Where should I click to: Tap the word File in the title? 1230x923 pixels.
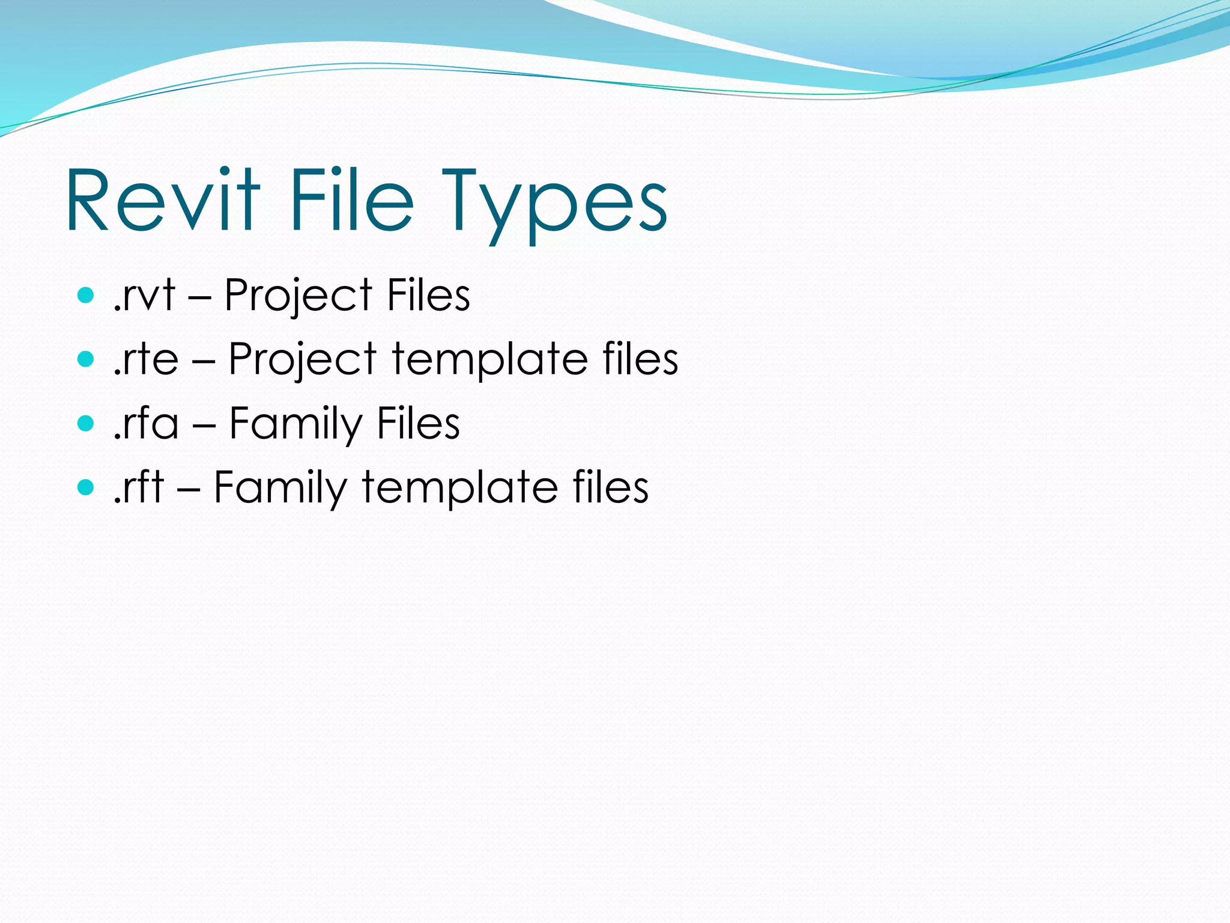click(352, 200)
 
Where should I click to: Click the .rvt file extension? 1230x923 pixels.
click(144, 295)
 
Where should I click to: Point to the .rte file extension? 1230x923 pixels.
click(146, 359)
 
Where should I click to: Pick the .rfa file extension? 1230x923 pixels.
click(146, 423)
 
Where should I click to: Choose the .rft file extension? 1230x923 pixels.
click(139, 487)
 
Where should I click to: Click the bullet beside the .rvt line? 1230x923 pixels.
click(86, 295)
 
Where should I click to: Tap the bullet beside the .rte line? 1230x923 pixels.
click(86, 359)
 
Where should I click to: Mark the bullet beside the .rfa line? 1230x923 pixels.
click(86, 423)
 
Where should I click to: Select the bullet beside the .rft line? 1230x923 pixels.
click(86, 487)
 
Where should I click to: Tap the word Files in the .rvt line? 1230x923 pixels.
click(428, 295)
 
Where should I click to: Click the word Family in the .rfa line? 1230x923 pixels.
click(295, 424)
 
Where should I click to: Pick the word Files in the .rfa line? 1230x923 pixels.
click(418, 423)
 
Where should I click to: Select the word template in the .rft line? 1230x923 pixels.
click(459, 488)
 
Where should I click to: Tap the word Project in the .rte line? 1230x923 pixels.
click(303, 361)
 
